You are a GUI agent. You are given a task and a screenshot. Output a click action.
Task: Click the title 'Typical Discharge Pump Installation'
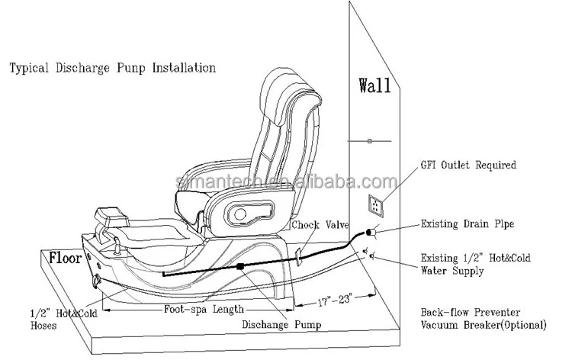pos(112,69)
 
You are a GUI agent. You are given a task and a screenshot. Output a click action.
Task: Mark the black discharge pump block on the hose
pos(241,267)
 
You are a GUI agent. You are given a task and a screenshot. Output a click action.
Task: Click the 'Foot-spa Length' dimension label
pos(204,310)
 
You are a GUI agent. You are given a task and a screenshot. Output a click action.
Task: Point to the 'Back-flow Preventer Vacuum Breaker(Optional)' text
pos(483,319)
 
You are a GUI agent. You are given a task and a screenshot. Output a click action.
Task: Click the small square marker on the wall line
pos(368,141)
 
